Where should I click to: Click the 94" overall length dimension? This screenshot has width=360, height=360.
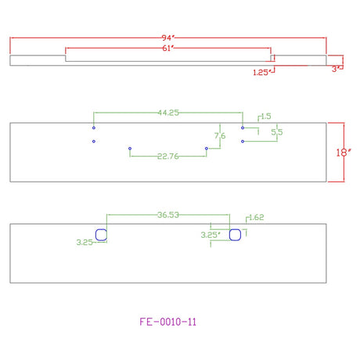coord(167,38)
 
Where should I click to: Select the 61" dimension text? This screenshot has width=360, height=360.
coord(168,49)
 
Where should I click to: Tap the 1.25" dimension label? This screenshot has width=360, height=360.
coord(261,72)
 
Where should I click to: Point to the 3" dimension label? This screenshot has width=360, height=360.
coord(336,69)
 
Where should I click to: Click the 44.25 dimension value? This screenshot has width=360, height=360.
coord(168,113)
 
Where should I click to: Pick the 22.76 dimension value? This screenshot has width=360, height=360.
coord(168,157)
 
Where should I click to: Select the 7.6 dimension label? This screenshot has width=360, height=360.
coord(220,135)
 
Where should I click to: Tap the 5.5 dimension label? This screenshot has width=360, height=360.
coord(277,132)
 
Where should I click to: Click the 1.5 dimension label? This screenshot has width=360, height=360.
coord(266,117)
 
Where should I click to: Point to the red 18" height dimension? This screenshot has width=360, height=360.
coord(343,153)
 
